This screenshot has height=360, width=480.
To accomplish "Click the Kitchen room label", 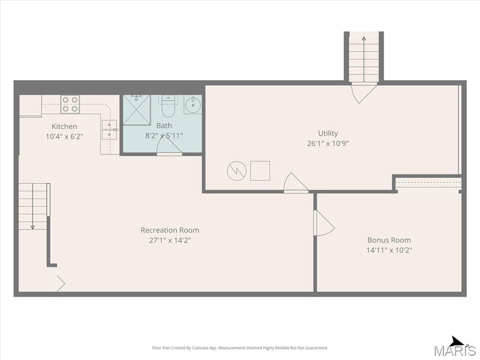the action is (64, 127).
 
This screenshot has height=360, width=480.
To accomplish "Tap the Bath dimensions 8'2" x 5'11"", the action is (164, 135).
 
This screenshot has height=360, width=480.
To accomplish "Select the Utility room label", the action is (328, 134).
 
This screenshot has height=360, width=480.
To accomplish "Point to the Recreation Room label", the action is (170, 230).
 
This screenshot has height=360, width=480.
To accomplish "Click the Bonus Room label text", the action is (389, 240).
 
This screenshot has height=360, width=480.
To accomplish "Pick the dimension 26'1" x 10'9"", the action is (328, 143).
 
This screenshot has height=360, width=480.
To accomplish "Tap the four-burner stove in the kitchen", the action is (70, 105).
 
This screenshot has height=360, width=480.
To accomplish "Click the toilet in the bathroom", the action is (168, 106).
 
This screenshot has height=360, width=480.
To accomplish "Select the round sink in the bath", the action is (193, 105).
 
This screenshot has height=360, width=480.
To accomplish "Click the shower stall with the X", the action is (136, 110).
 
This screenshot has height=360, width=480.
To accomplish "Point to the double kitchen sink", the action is (109, 130).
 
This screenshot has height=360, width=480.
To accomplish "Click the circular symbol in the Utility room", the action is (237, 171).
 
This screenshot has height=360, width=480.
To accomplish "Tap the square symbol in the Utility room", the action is (260, 171).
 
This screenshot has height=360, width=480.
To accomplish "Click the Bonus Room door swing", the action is (324, 223).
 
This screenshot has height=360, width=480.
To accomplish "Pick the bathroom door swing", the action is (169, 146).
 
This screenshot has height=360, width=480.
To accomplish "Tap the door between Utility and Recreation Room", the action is (296, 183).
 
